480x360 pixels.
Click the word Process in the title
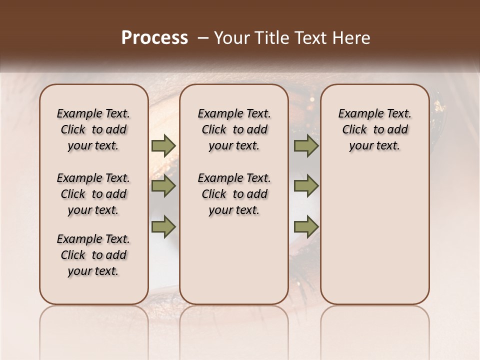click(154, 38)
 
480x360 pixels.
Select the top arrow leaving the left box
click(163, 146)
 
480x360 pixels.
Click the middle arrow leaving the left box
click(163, 186)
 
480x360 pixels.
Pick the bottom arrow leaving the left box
click(163, 227)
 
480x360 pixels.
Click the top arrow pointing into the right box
click(306, 146)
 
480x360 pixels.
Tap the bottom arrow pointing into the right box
click(306, 227)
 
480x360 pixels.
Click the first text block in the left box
click(93, 129)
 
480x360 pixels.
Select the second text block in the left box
click(93, 194)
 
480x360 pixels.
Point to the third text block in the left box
click(93, 255)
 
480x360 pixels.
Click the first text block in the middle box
click(234, 129)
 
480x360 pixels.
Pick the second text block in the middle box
click(234, 194)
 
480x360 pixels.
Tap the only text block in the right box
click(375, 129)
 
